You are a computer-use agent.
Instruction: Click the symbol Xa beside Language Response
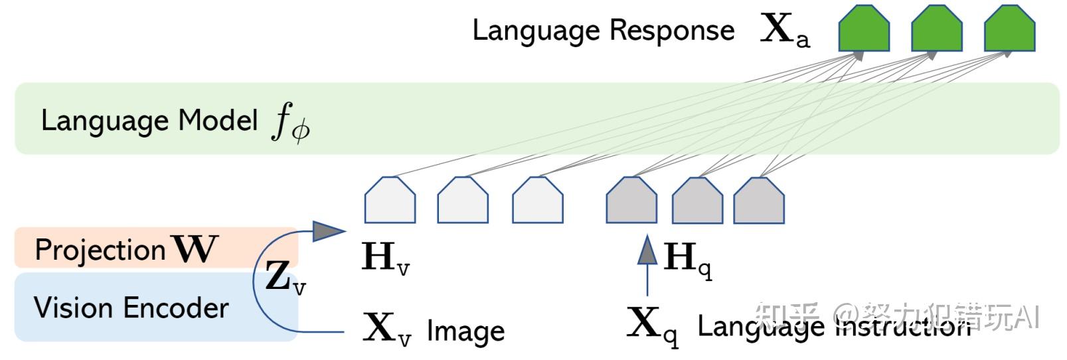(784, 31)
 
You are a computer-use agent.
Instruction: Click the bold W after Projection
(195, 249)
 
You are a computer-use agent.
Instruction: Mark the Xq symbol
(653, 325)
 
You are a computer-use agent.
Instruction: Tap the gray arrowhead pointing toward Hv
(328, 230)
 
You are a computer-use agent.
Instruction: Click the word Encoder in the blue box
(176, 308)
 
